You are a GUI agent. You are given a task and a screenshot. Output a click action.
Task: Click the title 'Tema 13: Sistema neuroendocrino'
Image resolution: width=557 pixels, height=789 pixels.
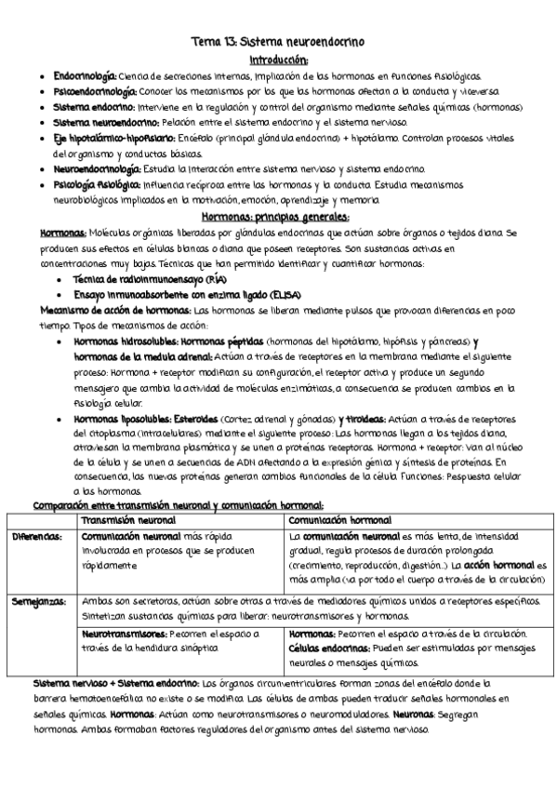tap(278, 42)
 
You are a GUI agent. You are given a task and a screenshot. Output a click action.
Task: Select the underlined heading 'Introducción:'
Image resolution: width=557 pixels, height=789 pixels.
tap(278, 59)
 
